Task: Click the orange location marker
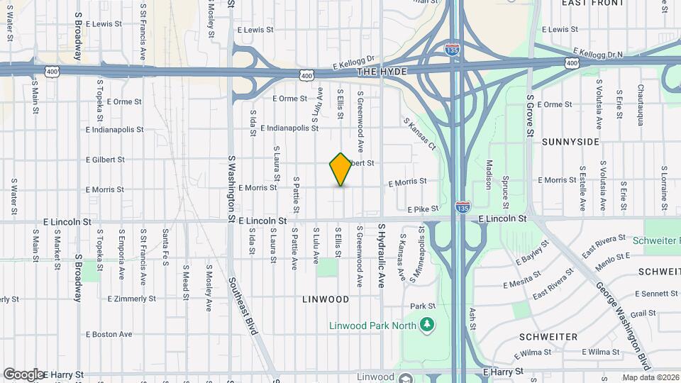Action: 340,169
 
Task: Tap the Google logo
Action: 23,374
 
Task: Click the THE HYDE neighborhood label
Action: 383,72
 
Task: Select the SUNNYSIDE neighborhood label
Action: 570,142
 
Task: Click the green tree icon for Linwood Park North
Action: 426,325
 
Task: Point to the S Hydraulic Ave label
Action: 381,255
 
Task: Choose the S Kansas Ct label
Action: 420,133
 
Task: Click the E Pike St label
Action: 423,209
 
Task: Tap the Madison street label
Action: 488,174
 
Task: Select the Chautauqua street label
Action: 639,104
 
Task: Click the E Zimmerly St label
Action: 132,299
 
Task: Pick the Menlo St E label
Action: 613,257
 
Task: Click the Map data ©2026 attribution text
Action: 649,377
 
